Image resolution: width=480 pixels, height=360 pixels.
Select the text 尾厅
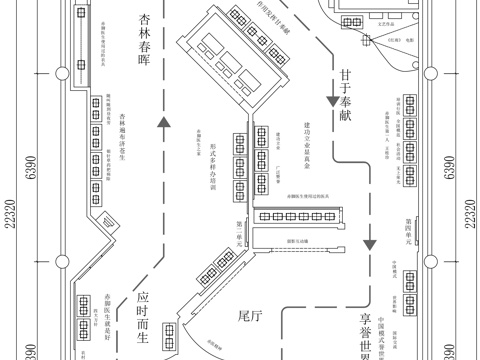(x=250, y=316)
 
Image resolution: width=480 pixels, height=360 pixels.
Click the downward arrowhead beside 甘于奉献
(x=330, y=101)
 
